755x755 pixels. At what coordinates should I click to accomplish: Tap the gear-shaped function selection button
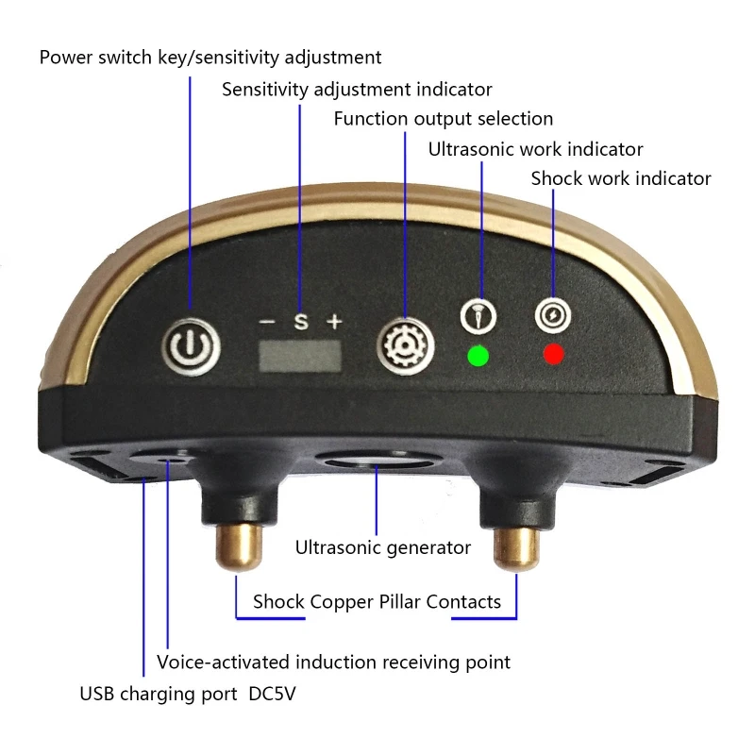(403, 344)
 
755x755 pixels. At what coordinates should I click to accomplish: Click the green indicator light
(478, 357)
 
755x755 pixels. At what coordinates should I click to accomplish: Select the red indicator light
(554, 355)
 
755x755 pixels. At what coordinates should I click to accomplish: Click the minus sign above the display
(267, 322)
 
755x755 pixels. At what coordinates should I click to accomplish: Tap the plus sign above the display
(333, 322)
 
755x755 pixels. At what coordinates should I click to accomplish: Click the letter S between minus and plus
(300, 322)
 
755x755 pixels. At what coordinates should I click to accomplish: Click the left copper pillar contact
(235, 546)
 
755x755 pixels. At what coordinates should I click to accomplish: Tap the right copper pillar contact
(515, 546)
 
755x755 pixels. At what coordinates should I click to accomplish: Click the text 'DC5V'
(278, 695)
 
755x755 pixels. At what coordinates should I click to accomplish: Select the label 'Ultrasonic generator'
(382, 547)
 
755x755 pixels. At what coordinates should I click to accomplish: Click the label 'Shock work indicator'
(620, 178)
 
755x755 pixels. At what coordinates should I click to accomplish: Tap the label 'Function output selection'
(443, 119)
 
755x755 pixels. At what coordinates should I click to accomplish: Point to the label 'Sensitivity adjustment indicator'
(357, 90)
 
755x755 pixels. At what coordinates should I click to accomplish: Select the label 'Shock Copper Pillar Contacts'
(377, 602)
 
